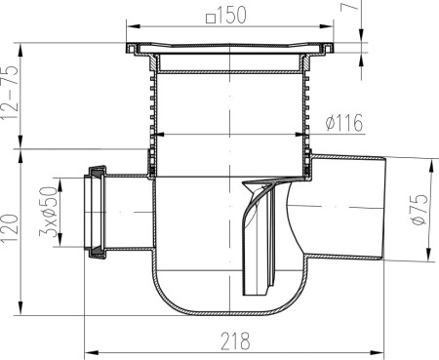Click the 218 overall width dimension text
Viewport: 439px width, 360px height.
coord(235,341)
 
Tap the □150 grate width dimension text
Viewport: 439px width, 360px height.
coord(226,16)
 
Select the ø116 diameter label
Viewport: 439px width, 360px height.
coord(344,123)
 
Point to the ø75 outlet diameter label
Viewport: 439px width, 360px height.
coord(419,209)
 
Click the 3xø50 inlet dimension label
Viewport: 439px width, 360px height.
coord(48,212)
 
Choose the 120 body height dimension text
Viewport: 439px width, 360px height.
coord(10,228)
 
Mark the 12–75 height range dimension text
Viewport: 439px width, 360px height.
coord(10,93)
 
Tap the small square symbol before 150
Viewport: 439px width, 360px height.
coord(211,18)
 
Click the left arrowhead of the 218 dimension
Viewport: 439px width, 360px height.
coord(92,353)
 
